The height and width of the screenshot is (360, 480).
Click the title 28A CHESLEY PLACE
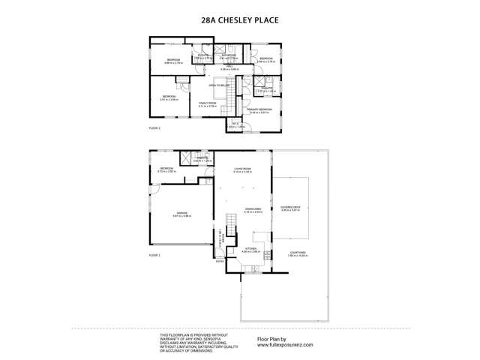239,22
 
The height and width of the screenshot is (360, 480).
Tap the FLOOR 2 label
154,128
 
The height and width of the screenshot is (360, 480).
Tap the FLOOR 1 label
154,256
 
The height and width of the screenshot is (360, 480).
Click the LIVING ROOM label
242,169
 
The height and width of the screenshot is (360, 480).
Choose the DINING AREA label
252,210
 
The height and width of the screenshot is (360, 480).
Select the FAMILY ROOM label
207,103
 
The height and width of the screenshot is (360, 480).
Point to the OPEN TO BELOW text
218,85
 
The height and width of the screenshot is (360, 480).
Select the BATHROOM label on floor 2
228,55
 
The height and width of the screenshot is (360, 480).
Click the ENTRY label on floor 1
219,262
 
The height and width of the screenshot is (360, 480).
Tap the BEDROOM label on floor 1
166,169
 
